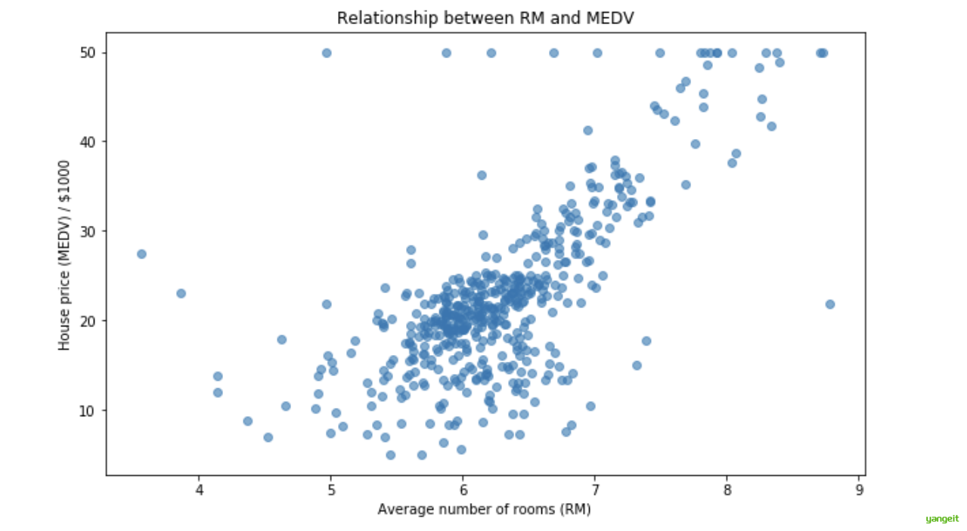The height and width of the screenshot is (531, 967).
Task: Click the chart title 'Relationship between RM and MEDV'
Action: [485, 18]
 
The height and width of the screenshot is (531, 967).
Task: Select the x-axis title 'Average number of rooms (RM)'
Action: [484, 509]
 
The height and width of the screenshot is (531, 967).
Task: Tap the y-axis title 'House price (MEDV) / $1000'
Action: [65, 255]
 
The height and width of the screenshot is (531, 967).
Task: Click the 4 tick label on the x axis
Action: [200, 489]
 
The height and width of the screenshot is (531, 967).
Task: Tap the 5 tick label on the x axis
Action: [331, 489]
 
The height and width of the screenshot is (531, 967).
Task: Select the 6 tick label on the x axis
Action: [463, 489]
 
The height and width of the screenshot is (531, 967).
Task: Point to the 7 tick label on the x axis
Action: [595, 489]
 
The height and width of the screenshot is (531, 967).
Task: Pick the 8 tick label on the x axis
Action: [727, 489]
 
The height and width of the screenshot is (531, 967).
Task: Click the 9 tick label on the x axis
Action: [859, 489]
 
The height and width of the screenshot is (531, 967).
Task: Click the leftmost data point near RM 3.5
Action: [141, 254]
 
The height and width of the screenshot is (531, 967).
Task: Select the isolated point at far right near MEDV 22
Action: [829, 304]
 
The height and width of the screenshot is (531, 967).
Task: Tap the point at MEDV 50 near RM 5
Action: [327, 53]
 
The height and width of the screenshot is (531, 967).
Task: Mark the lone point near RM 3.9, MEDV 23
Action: [181, 293]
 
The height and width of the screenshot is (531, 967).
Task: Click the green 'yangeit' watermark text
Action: [942, 519]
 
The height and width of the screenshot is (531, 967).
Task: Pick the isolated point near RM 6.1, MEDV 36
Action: [482, 175]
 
